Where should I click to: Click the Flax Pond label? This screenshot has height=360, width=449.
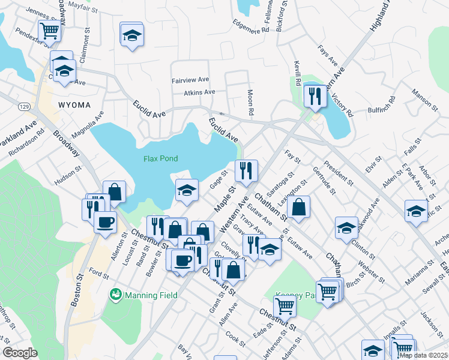coord(161,158)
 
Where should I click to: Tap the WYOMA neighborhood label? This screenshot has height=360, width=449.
coord(74,105)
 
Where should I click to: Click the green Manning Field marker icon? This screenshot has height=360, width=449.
coord(115,295)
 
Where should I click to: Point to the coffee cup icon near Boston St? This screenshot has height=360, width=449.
coord(106,221)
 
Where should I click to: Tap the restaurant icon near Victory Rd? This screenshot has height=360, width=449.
coord(315,95)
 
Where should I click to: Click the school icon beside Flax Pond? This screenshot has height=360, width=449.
coord(187,190)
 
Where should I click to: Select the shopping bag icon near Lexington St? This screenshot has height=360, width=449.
coord(298,207)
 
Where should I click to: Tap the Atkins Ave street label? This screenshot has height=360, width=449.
coord(199,92)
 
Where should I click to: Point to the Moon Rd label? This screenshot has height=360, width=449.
coord(251,103)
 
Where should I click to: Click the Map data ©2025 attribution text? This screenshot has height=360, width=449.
coord(424,355)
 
